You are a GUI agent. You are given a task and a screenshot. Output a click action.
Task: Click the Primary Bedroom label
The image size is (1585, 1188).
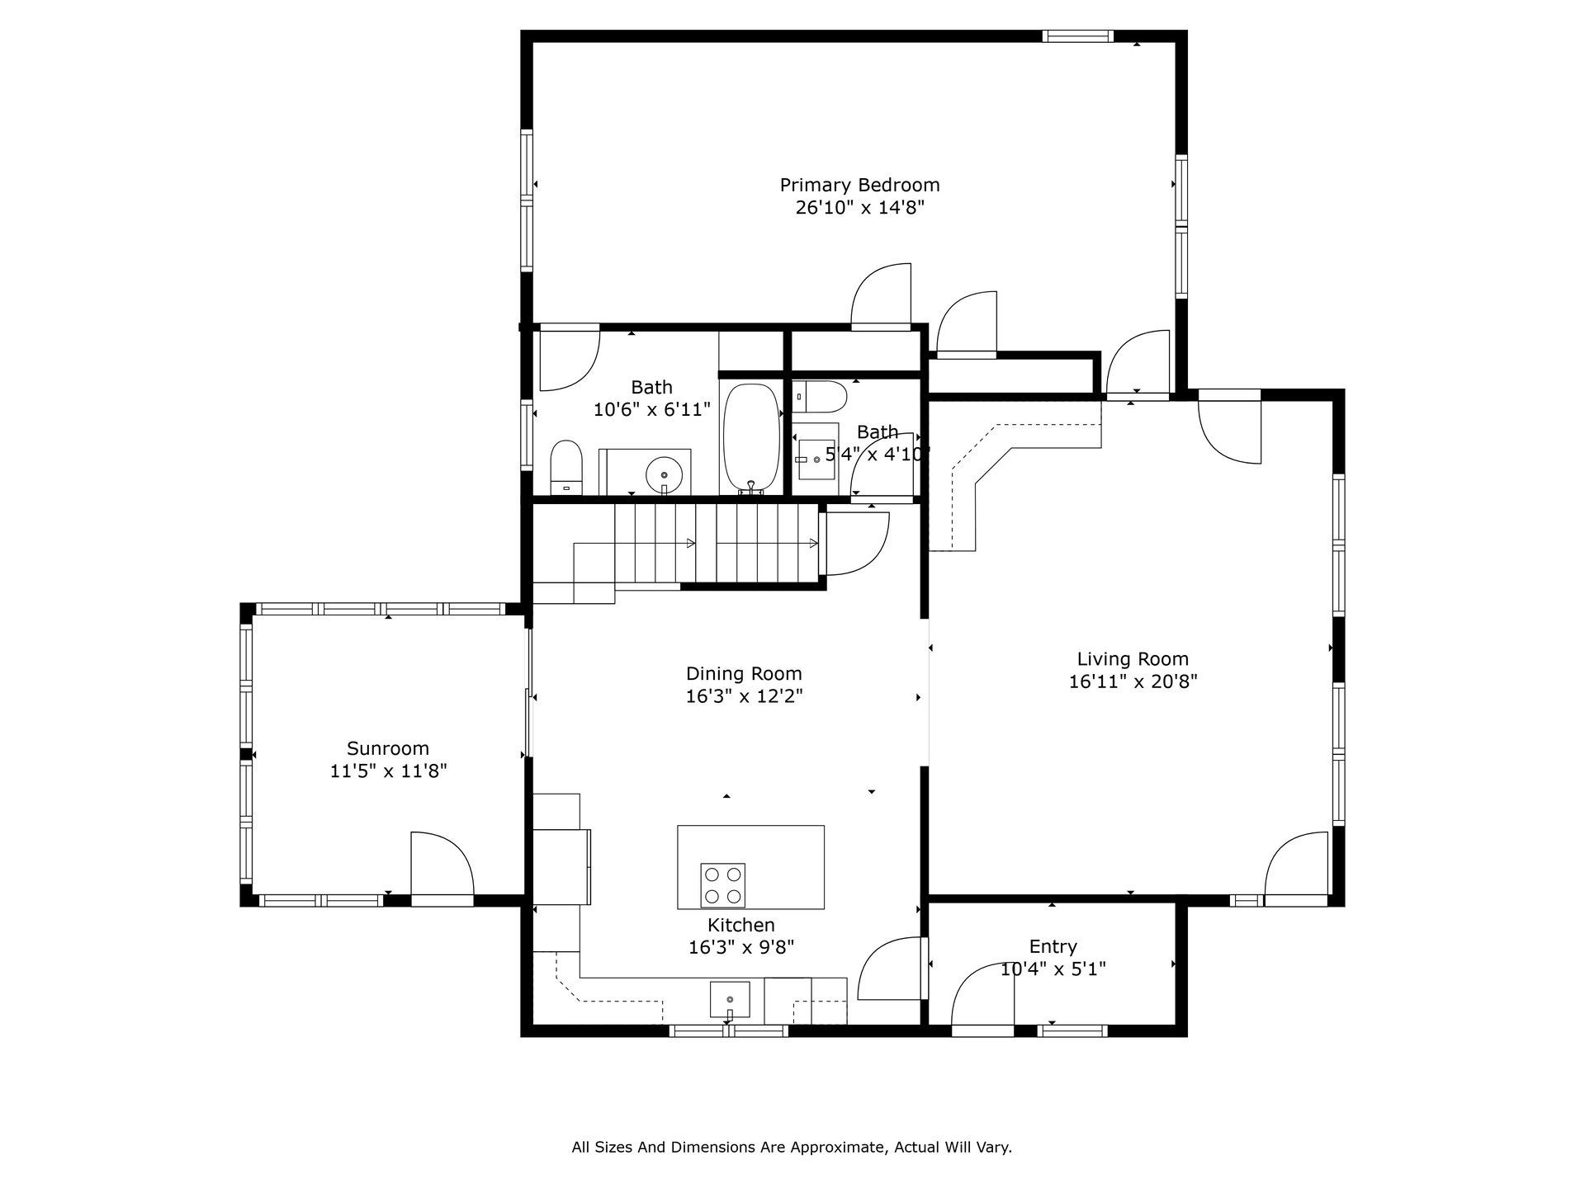click(859, 185)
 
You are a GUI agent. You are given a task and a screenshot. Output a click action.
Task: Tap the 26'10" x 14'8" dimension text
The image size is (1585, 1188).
click(859, 208)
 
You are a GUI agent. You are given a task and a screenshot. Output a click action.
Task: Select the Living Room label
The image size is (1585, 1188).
click(1133, 659)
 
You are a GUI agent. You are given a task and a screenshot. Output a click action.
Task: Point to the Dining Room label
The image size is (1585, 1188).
click(744, 674)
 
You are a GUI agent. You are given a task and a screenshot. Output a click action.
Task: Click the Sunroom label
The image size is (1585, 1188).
click(388, 748)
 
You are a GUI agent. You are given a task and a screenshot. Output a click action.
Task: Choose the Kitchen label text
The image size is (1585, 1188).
click(741, 925)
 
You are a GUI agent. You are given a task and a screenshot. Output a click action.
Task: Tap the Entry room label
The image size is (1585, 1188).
click(1053, 947)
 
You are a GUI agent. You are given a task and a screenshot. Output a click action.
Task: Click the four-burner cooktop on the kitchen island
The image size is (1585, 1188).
click(722, 885)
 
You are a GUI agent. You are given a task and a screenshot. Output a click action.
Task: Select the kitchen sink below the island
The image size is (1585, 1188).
click(730, 999)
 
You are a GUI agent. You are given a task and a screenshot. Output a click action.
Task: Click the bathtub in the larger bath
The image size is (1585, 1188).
click(751, 439)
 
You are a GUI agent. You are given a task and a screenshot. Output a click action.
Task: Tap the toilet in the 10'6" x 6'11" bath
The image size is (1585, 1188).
click(566, 468)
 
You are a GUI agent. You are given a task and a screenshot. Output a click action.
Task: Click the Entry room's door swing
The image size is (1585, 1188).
click(983, 995)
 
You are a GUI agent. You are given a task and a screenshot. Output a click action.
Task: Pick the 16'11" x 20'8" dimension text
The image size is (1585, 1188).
click(1133, 682)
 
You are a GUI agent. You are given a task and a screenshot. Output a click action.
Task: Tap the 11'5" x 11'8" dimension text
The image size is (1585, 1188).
click(388, 771)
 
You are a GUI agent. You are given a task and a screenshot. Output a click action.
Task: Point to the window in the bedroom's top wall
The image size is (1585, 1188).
click(1077, 35)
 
